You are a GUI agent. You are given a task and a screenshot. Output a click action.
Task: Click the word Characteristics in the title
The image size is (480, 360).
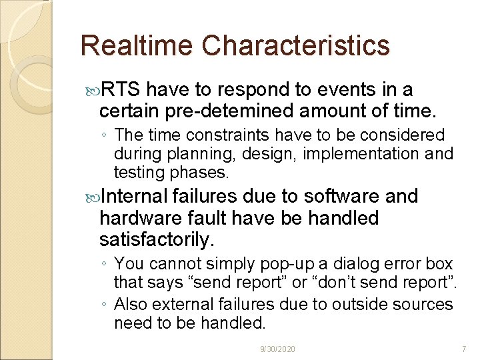(295, 46)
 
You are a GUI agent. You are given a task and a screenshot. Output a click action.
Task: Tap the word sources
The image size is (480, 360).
(420, 305)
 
